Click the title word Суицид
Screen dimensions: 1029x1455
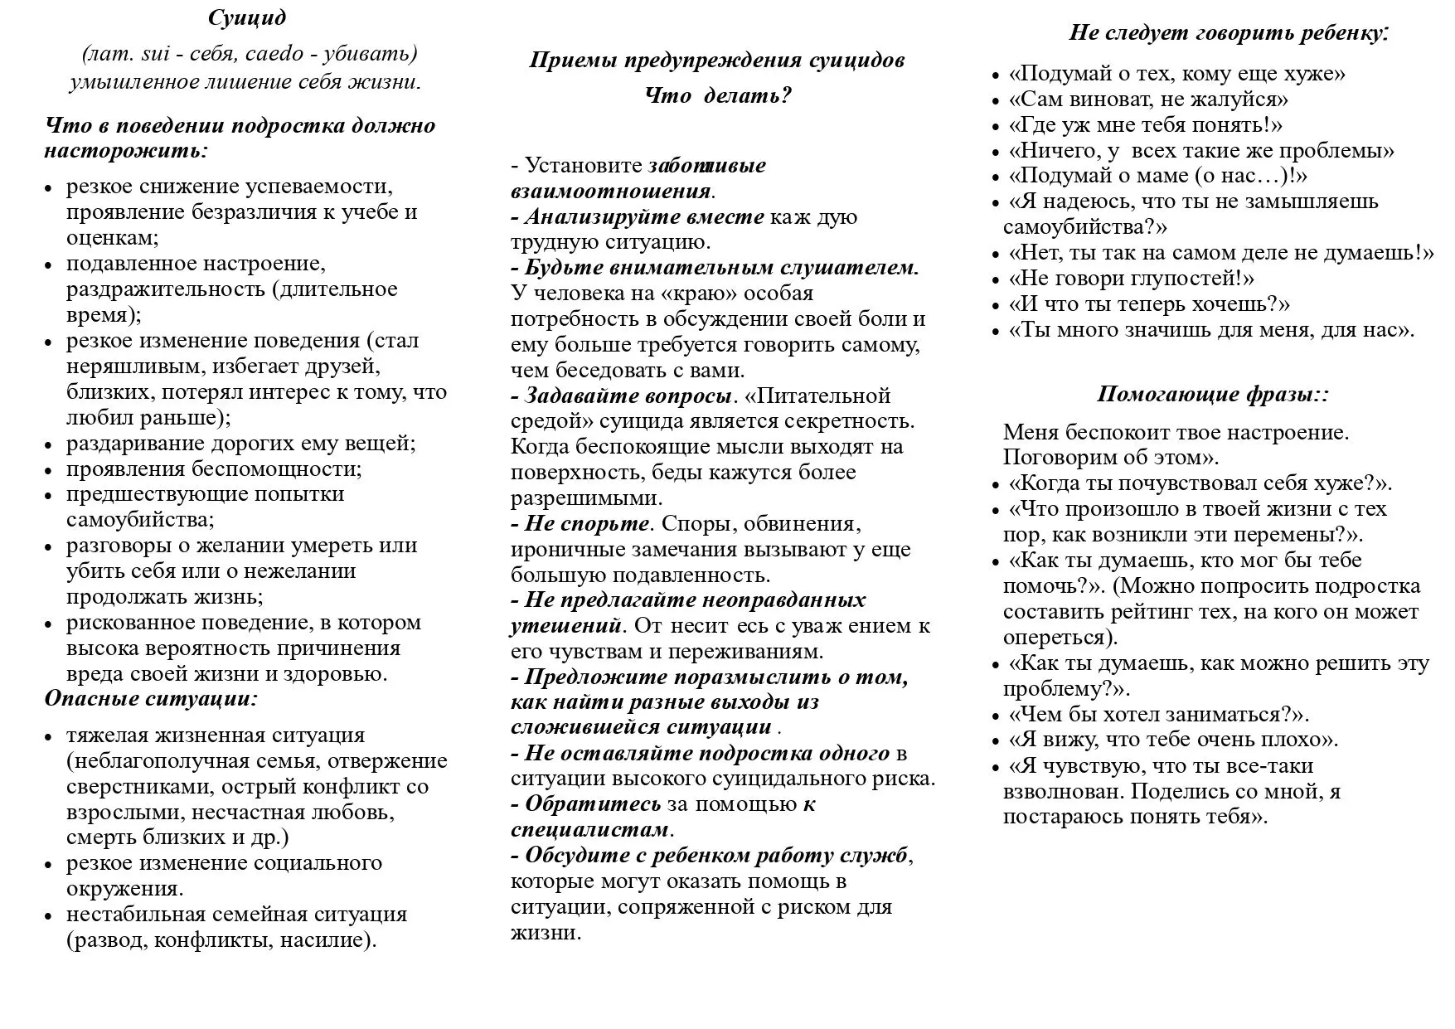[247, 17]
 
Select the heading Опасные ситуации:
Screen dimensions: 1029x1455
[151, 698]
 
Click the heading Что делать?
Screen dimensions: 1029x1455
[718, 95]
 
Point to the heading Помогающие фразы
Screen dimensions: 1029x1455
[1213, 394]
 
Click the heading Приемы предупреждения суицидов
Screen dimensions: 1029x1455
[717, 60]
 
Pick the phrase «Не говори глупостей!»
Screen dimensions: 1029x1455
[1131, 278]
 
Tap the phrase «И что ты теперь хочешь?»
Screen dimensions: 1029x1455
[1149, 303]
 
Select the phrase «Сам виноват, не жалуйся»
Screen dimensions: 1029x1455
[1148, 100]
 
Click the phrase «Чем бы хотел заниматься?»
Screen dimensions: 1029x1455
[1158, 714]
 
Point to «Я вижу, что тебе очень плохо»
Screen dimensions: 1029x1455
[1173, 740]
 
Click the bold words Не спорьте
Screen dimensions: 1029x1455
[586, 523]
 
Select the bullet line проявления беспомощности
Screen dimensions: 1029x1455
[214, 468]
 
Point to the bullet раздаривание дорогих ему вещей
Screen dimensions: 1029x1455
[240, 443]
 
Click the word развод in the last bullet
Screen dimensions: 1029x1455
[108, 940]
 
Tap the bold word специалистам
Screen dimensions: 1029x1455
[589, 829]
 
